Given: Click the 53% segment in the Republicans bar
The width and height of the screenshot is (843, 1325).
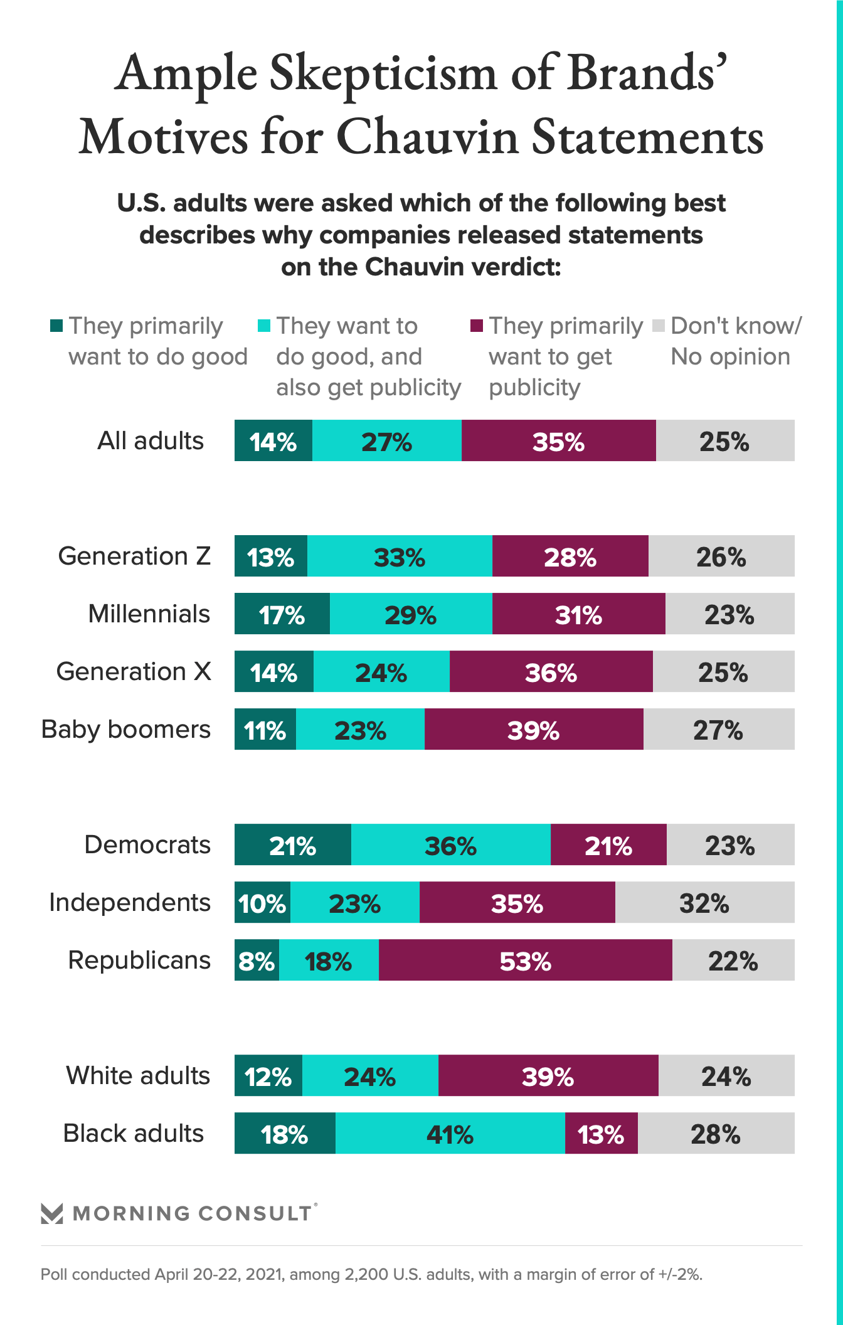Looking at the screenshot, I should click(526, 960).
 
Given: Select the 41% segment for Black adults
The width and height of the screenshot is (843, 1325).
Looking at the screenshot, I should click(450, 1134).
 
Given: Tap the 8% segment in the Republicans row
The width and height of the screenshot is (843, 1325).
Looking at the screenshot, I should click(257, 960).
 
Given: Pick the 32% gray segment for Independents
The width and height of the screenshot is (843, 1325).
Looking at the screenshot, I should click(704, 903).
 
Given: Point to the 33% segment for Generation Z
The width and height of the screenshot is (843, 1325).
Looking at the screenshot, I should click(400, 556).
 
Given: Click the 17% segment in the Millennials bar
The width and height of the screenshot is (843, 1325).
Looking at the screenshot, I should click(282, 614).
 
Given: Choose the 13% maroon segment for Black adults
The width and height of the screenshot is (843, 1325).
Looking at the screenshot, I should click(601, 1134).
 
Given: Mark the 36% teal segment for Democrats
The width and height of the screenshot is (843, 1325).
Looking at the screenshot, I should click(450, 845).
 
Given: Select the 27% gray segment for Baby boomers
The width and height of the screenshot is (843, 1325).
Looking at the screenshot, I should click(718, 730).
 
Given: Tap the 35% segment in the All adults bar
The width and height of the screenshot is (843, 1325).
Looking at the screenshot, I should click(558, 441).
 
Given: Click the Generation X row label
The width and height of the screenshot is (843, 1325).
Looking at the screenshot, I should click(134, 671).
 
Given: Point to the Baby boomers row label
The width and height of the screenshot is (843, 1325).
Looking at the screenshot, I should click(126, 730).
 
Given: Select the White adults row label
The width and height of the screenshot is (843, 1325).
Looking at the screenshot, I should click(138, 1075).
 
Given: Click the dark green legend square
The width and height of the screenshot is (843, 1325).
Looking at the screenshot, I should click(56, 326).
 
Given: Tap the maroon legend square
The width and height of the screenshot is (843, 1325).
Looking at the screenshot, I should click(477, 326).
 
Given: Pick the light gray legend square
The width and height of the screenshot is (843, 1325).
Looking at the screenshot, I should click(659, 326).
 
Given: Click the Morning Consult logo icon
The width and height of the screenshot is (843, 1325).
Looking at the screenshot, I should click(51, 1213).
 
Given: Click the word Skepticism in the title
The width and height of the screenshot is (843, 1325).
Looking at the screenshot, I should click(383, 74).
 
